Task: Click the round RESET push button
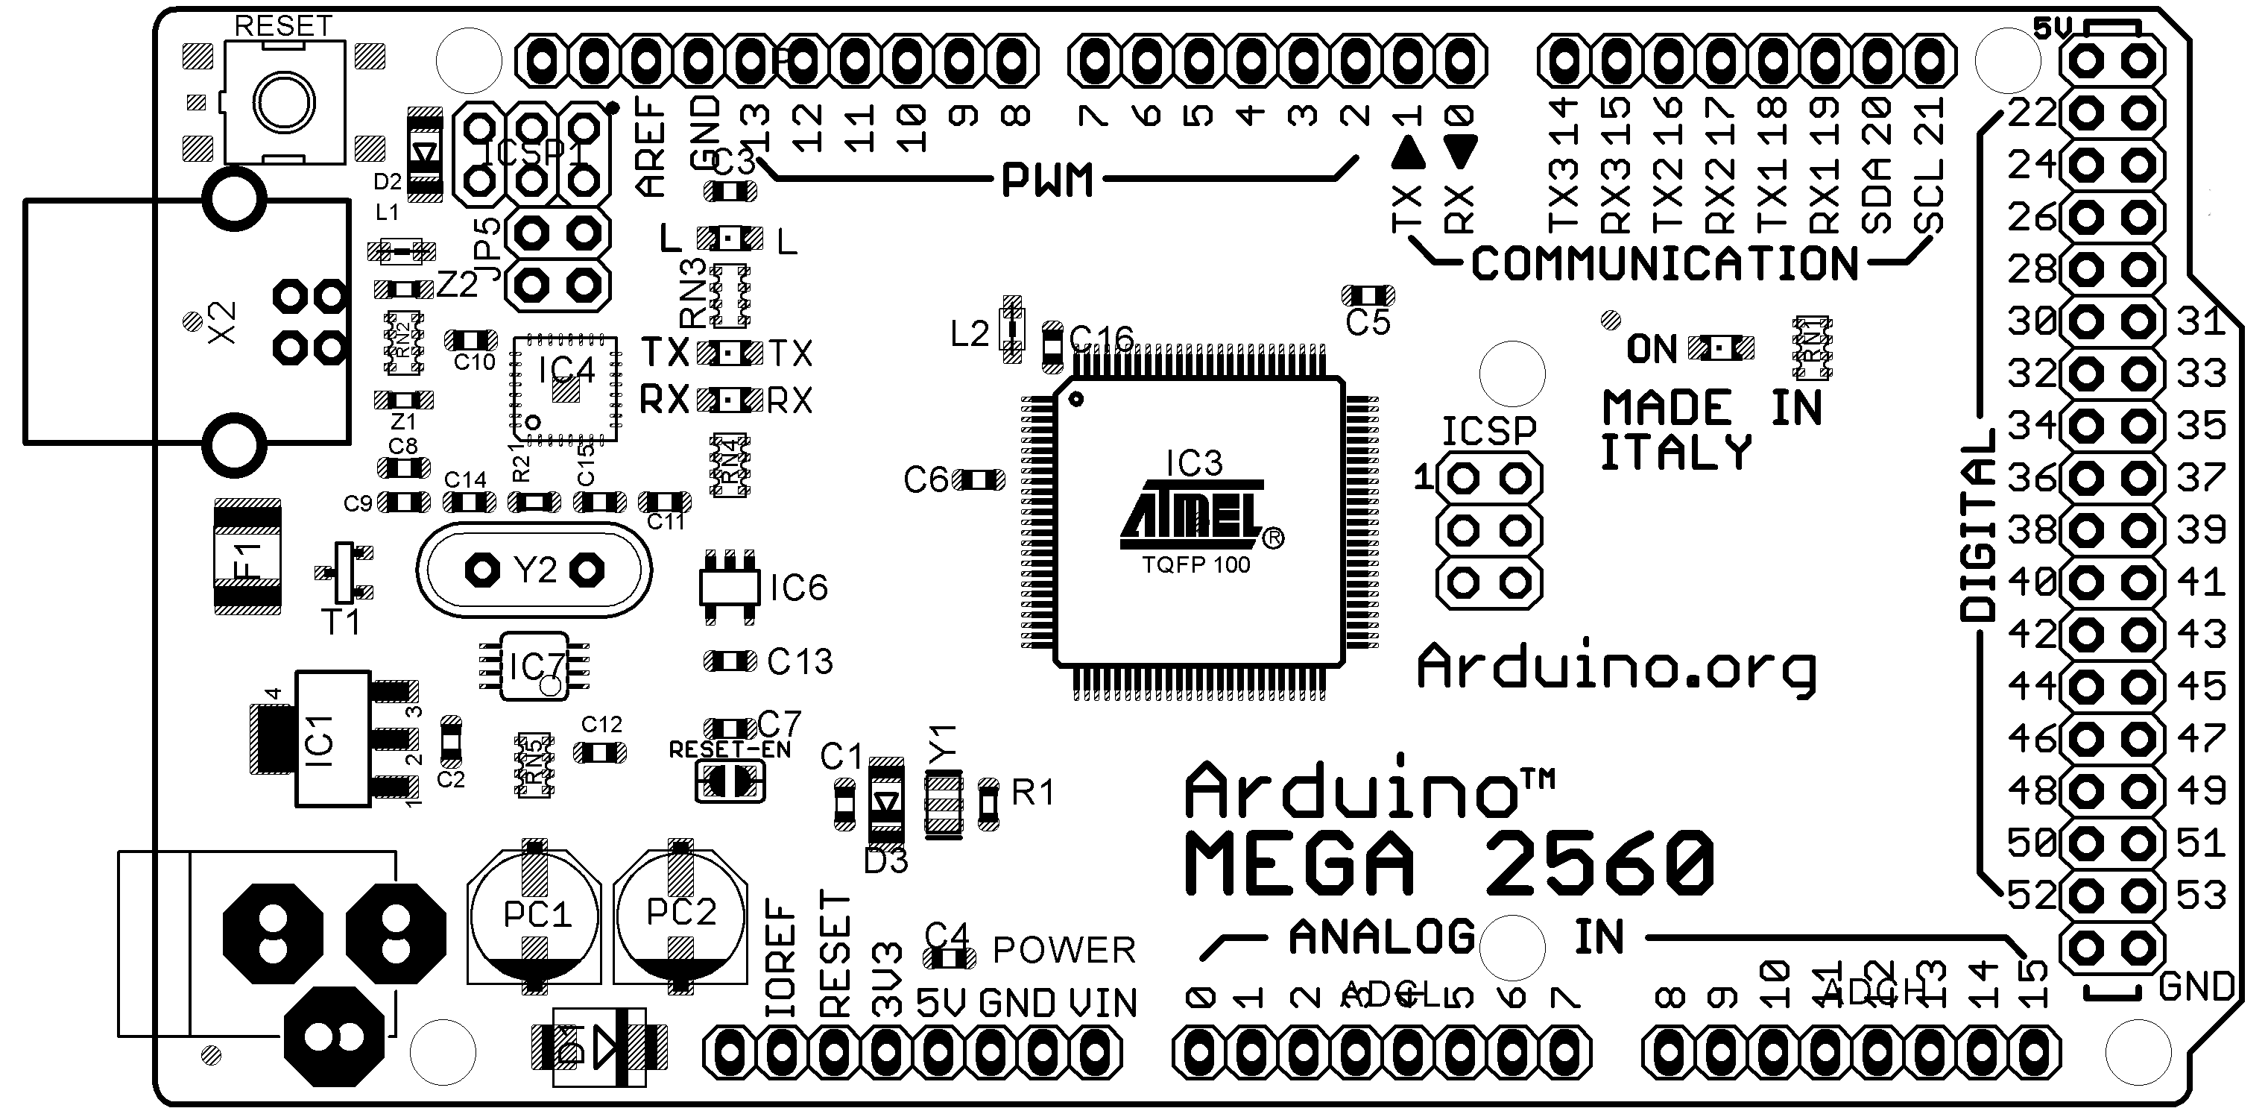pyautogui.click(x=283, y=103)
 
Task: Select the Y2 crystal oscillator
pyautogui.click(x=534, y=570)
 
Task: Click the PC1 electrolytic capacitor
pyautogui.click(x=534, y=916)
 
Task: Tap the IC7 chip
pyautogui.click(x=534, y=667)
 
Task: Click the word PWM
pyautogui.click(x=1047, y=180)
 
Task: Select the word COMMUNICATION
pyautogui.click(x=1664, y=263)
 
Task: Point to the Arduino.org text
pyautogui.click(x=1617, y=670)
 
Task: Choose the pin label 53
pyautogui.click(x=2201, y=895)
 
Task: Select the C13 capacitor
pyautogui.click(x=730, y=661)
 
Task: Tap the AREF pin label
pyautogui.click(x=650, y=146)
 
